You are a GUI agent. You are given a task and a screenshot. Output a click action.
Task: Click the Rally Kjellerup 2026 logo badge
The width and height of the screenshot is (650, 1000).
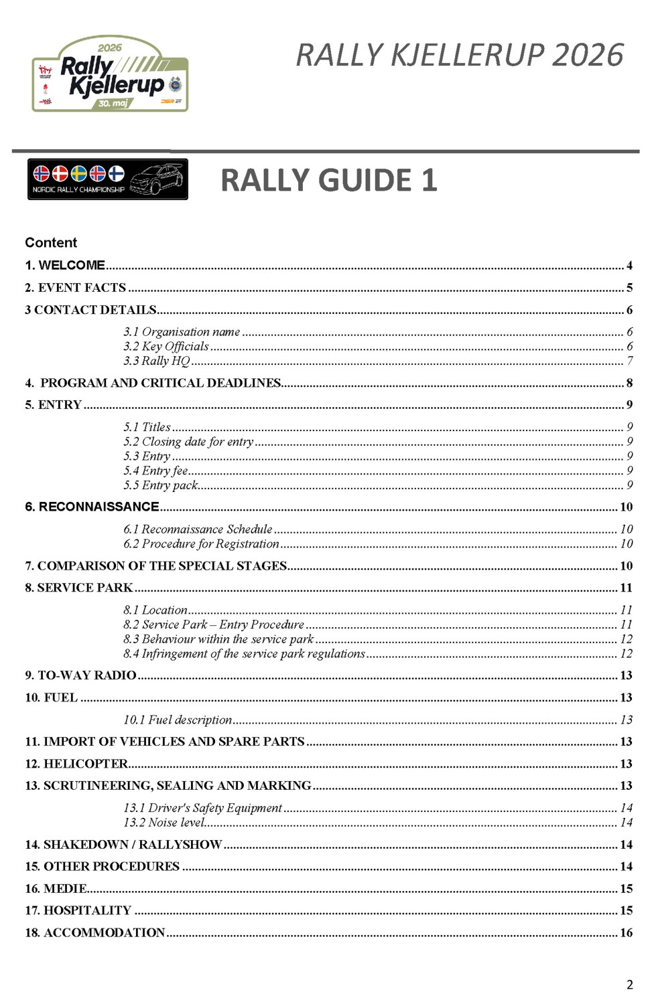pos(110,74)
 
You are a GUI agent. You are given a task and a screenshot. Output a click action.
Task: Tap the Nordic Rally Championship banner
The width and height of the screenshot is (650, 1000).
pos(107,179)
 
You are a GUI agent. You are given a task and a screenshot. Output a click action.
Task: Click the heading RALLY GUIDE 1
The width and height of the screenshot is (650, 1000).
pos(328,181)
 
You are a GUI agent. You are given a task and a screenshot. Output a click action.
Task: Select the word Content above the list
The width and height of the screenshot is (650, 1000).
pos(51,242)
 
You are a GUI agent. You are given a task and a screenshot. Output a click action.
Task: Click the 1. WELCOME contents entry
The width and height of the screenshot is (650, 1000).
pos(65,265)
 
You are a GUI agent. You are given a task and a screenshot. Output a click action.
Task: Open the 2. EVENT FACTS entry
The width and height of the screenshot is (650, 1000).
pos(75,288)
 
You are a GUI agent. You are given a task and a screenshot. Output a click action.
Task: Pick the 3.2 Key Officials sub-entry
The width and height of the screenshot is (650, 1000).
pos(166,346)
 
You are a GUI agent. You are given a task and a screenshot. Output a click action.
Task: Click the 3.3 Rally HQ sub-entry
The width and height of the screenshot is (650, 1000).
pos(157,361)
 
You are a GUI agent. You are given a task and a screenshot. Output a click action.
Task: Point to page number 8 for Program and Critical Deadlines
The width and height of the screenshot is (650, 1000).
pos(629,383)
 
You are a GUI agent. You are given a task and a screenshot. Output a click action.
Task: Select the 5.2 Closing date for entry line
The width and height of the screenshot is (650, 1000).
pos(188,442)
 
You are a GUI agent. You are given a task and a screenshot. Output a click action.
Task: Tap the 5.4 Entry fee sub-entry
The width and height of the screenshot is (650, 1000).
pos(155,471)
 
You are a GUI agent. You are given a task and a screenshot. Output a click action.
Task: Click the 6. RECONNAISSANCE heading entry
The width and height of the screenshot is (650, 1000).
pos(92,507)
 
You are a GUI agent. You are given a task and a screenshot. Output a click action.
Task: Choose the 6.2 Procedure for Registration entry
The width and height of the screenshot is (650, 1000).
pos(201,544)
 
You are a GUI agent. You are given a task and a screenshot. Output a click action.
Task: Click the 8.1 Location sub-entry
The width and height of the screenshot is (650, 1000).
pos(155,610)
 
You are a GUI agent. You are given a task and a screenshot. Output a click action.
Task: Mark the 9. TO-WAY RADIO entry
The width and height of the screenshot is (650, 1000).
pos(80,675)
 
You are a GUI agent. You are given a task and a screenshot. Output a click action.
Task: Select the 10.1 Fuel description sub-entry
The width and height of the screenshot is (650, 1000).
pos(178,720)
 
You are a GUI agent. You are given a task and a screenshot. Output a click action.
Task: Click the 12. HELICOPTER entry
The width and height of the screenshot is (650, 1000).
pos(76,764)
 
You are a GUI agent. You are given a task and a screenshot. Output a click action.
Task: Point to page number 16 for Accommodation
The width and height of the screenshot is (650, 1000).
pos(626,932)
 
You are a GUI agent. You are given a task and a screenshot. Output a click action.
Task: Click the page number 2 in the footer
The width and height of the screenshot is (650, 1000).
pos(629,984)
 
